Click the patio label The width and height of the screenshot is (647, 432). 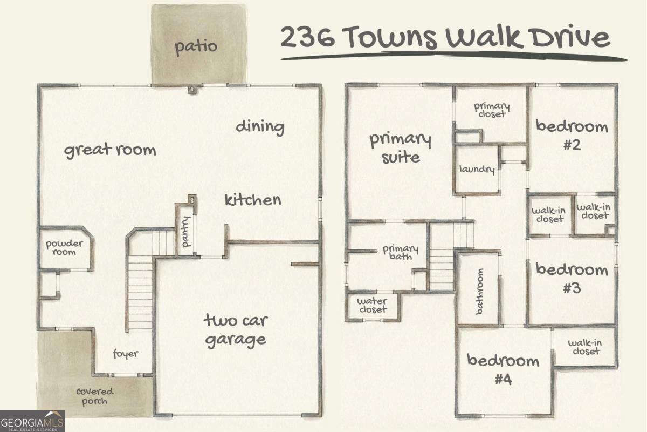pos(196,46)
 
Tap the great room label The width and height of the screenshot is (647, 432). pos(110,150)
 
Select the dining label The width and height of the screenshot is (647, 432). pos(260,127)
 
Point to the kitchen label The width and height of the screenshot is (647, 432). pos(253,200)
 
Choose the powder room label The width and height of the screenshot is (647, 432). pos(65,248)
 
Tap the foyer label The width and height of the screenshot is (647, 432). pos(125,354)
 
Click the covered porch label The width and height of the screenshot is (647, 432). pos(94,396)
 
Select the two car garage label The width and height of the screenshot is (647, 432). pos(235,329)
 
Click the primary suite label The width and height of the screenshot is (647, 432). pos(401,147)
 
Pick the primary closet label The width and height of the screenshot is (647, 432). pos(492,110)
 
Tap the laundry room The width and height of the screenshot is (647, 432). pos(477,170)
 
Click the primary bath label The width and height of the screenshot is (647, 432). pos(400,252)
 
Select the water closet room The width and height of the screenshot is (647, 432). pos(372,305)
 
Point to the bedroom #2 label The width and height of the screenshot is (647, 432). pos(572,136)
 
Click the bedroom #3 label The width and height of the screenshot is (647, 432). pos(572,278)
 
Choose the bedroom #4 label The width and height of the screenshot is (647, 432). pos(503,369)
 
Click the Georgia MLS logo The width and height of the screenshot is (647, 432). pos(32,421)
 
